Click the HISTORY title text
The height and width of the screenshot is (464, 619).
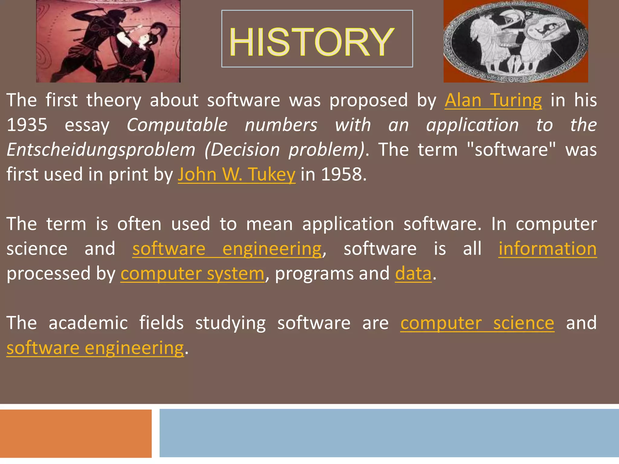(x=312, y=42)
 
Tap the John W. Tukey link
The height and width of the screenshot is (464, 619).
(x=236, y=174)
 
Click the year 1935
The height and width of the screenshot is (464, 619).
(x=27, y=125)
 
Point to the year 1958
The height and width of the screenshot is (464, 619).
(x=341, y=174)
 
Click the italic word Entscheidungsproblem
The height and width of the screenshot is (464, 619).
(x=101, y=150)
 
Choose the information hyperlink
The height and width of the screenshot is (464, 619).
(x=547, y=249)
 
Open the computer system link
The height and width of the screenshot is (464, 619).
(x=193, y=274)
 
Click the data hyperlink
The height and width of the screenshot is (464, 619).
(x=413, y=274)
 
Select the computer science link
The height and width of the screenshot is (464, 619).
(x=477, y=323)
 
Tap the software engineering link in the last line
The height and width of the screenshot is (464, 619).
(x=95, y=348)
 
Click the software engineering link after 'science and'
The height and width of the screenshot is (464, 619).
(x=227, y=249)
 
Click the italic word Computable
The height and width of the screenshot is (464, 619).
(x=177, y=125)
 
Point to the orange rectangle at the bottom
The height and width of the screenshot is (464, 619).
(x=76, y=433)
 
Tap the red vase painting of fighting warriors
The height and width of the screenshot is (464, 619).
(x=108, y=41)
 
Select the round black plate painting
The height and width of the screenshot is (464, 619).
(x=516, y=41)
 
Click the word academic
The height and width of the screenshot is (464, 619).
(x=88, y=323)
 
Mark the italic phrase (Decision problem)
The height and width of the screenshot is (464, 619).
(x=284, y=150)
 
